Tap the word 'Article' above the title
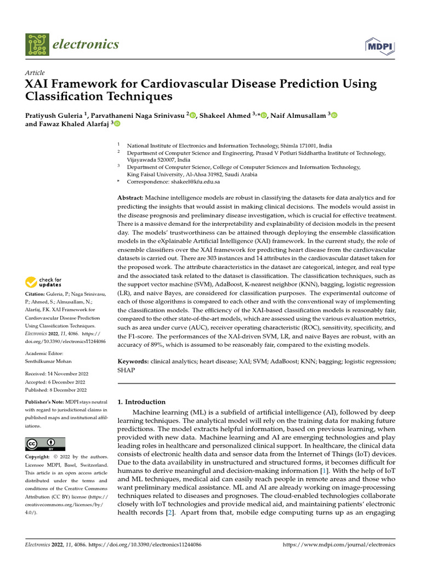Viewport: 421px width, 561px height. (x=35, y=73)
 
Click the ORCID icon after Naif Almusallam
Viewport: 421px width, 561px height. (x=334, y=115)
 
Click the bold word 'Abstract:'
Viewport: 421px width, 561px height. (x=130, y=197)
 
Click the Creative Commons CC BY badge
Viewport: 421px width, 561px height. (x=45, y=444)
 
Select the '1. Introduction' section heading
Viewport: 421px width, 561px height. (x=142, y=402)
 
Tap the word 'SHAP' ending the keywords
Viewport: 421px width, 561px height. (x=127, y=370)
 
